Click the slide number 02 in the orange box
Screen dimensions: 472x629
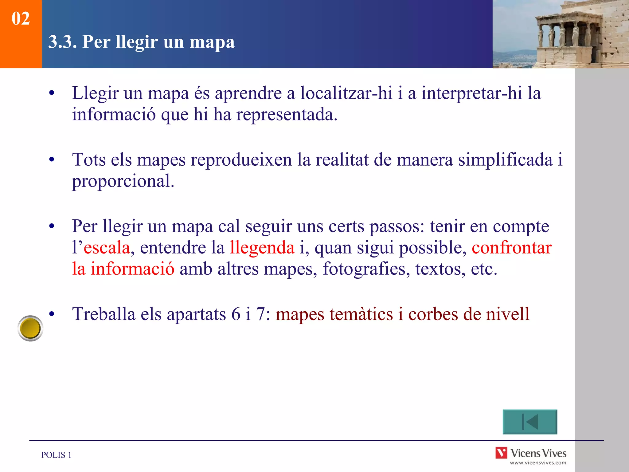(21, 18)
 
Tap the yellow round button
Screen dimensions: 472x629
(30, 328)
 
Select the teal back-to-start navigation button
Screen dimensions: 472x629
(530, 422)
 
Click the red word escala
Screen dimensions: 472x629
(107, 248)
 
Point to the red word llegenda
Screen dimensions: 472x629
(262, 248)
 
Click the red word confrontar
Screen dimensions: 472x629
(512, 248)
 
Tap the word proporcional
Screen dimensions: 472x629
(123, 181)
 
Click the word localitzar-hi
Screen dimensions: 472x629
(346, 93)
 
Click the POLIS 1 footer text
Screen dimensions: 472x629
(56, 455)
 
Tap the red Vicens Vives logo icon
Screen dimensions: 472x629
(501, 453)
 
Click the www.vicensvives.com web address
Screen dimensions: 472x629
(538, 463)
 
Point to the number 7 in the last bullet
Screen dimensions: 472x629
(260, 314)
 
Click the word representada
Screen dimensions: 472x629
(287, 115)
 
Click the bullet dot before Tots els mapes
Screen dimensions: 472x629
(52, 159)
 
